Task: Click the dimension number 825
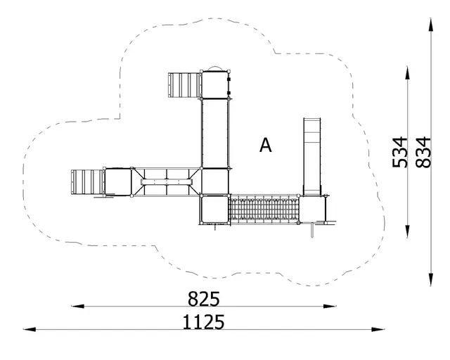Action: coord(204,299)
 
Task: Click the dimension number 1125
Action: coord(203,322)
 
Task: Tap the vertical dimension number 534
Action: coord(400,152)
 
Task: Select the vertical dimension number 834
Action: coord(423,152)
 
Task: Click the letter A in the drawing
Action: coord(266,146)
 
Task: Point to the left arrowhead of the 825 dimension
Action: coord(77,307)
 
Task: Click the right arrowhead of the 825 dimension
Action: coord(330,307)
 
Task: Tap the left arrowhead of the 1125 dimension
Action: coord(30,330)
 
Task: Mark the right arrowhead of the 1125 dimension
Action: coord(378,330)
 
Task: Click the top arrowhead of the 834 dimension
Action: coord(431,25)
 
